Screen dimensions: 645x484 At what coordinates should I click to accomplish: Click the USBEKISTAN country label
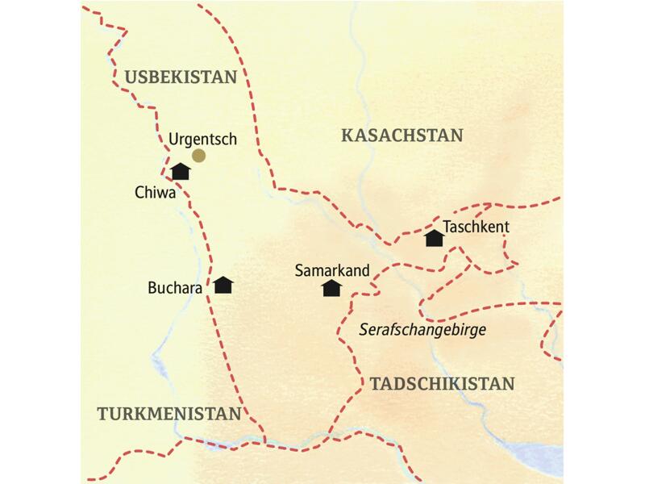click(181, 77)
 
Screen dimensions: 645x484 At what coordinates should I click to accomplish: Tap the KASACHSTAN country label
click(402, 135)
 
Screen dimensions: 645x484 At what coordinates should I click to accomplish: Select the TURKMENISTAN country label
click(169, 414)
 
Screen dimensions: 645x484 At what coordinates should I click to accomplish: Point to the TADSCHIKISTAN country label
click(442, 384)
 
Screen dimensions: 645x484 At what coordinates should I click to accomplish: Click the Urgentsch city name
click(202, 139)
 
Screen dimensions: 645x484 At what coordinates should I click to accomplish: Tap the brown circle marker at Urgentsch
click(198, 156)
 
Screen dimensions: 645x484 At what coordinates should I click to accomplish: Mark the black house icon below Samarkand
click(331, 288)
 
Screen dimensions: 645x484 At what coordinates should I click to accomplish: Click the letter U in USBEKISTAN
click(131, 77)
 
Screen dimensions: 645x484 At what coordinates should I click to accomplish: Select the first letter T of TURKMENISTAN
click(102, 414)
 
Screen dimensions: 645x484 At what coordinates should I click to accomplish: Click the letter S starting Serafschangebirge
click(363, 331)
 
